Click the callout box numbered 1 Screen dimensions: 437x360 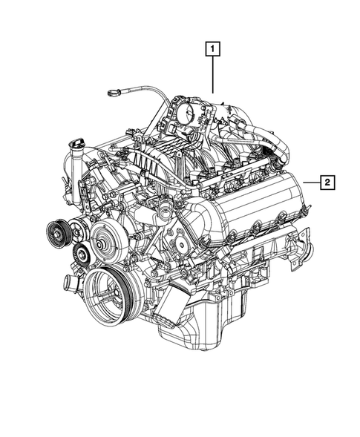pos(213,50)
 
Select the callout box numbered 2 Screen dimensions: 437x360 pos(327,180)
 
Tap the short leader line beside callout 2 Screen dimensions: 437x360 pos(312,180)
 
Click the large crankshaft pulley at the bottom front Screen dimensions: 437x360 pos(109,292)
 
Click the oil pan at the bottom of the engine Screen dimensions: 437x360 pos(200,326)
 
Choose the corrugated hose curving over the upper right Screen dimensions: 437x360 pos(275,141)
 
